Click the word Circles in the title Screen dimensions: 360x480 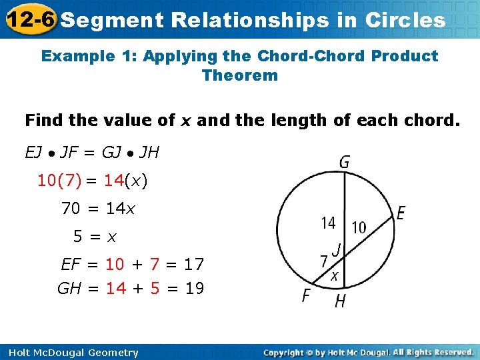[x=405, y=20]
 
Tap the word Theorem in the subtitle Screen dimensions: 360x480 [x=239, y=75]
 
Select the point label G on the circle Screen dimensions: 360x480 [x=345, y=162]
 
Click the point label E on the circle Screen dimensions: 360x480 [x=401, y=213]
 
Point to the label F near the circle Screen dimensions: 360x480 [x=307, y=295]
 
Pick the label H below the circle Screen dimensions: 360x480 [x=340, y=301]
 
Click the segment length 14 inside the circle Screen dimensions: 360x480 [x=328, y=223]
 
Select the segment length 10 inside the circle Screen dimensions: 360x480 [x=359, y=227]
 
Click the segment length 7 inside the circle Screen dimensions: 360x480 [x=324, y=261]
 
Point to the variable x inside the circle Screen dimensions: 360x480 [x=335, y=275]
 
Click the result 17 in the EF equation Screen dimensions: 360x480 [x=193, y=265]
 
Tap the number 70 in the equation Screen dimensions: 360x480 [x=71, y=209]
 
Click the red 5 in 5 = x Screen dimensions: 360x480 [x=78, y=236]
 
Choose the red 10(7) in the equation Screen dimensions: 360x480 [x=59, y=181]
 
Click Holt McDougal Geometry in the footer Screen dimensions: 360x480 [x=70, y=353]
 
